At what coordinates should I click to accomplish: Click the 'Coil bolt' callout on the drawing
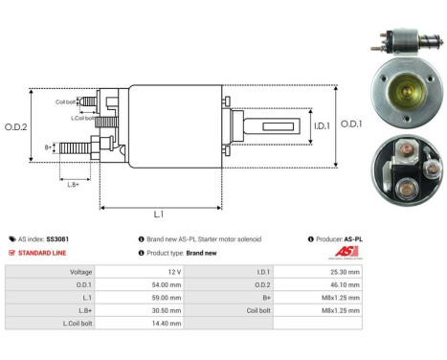[65, 101]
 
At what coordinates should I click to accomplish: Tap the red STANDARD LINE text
[41, 253]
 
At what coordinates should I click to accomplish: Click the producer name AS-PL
[353, 239]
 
